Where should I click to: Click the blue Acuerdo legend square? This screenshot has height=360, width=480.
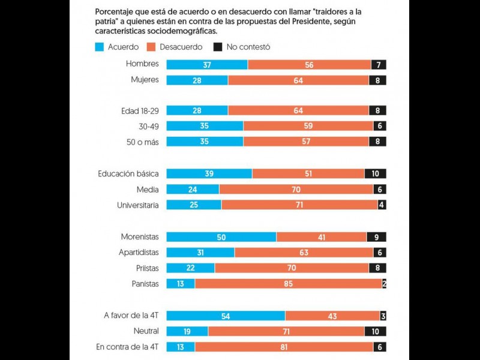coord(100,46)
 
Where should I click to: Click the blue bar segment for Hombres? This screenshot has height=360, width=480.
coord(206,65)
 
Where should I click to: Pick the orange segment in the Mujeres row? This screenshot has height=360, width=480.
coord(298,80)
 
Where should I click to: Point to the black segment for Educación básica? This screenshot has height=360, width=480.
coord(375,174)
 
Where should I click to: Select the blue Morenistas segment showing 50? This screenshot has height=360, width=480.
coord(221,237)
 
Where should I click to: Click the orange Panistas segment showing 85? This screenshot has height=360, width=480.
coord(289,284)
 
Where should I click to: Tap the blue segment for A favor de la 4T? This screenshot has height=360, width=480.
coord(226,316)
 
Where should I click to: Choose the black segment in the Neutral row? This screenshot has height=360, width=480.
coord(375,331)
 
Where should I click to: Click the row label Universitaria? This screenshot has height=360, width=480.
coord(138,205)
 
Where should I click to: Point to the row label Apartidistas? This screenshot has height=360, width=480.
coord(139,253)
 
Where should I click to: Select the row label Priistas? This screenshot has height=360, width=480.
coord(145,268)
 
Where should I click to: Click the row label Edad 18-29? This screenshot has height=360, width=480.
coord(140,111)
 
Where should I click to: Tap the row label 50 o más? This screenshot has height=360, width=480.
coord(144,142)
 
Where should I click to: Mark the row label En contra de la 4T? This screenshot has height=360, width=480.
coord(127,347)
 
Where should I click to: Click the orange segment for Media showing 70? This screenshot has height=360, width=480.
coord(296,190)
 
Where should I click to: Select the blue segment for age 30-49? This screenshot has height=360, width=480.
coord(205,127)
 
